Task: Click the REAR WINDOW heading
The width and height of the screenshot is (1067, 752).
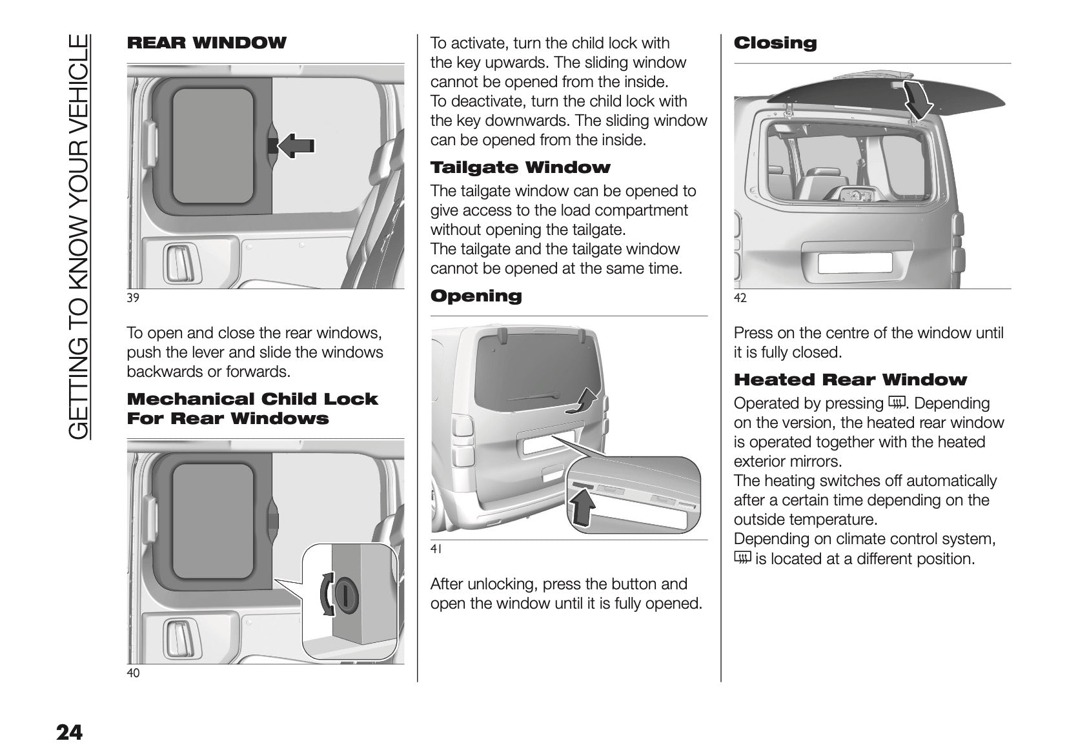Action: (207, 43)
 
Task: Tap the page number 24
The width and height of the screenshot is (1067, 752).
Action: (70, 733)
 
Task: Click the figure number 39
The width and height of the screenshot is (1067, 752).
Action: (133, 298)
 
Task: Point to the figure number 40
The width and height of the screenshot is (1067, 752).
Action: (133, 673)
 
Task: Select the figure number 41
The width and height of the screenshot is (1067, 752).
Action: (436, 549)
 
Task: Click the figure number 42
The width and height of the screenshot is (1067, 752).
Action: (740, 298)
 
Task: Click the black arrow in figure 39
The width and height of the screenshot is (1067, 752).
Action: (296, 147)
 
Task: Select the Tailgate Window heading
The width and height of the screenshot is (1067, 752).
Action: (520, 168)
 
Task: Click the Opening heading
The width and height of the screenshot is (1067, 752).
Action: (476, 296)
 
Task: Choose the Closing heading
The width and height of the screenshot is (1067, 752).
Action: (775, 43)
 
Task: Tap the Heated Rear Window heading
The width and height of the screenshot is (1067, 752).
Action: (850, 380)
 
